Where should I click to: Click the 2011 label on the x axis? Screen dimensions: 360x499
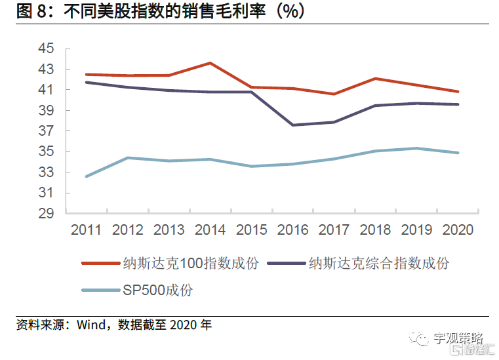(x=86, y=230)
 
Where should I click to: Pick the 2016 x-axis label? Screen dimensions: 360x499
(x=292, y=230)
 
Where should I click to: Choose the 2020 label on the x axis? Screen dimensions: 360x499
(x=457, y=230)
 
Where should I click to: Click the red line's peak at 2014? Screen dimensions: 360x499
(x=210, y=63)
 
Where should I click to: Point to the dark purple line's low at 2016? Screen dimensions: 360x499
(x=292, y=125)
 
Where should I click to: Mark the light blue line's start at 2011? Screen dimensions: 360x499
(x=86, y=176)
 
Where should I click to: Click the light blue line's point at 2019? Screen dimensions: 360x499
(x=416, y=148)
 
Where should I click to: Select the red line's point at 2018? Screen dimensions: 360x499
(x=375, y=79)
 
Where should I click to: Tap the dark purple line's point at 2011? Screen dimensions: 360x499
(x=86, y=82)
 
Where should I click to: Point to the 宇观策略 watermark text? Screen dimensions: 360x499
(x=458, y=338)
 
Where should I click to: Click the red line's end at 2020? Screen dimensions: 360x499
(x=458, y=91)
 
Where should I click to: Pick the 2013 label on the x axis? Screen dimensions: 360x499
(x=169, y=230)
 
